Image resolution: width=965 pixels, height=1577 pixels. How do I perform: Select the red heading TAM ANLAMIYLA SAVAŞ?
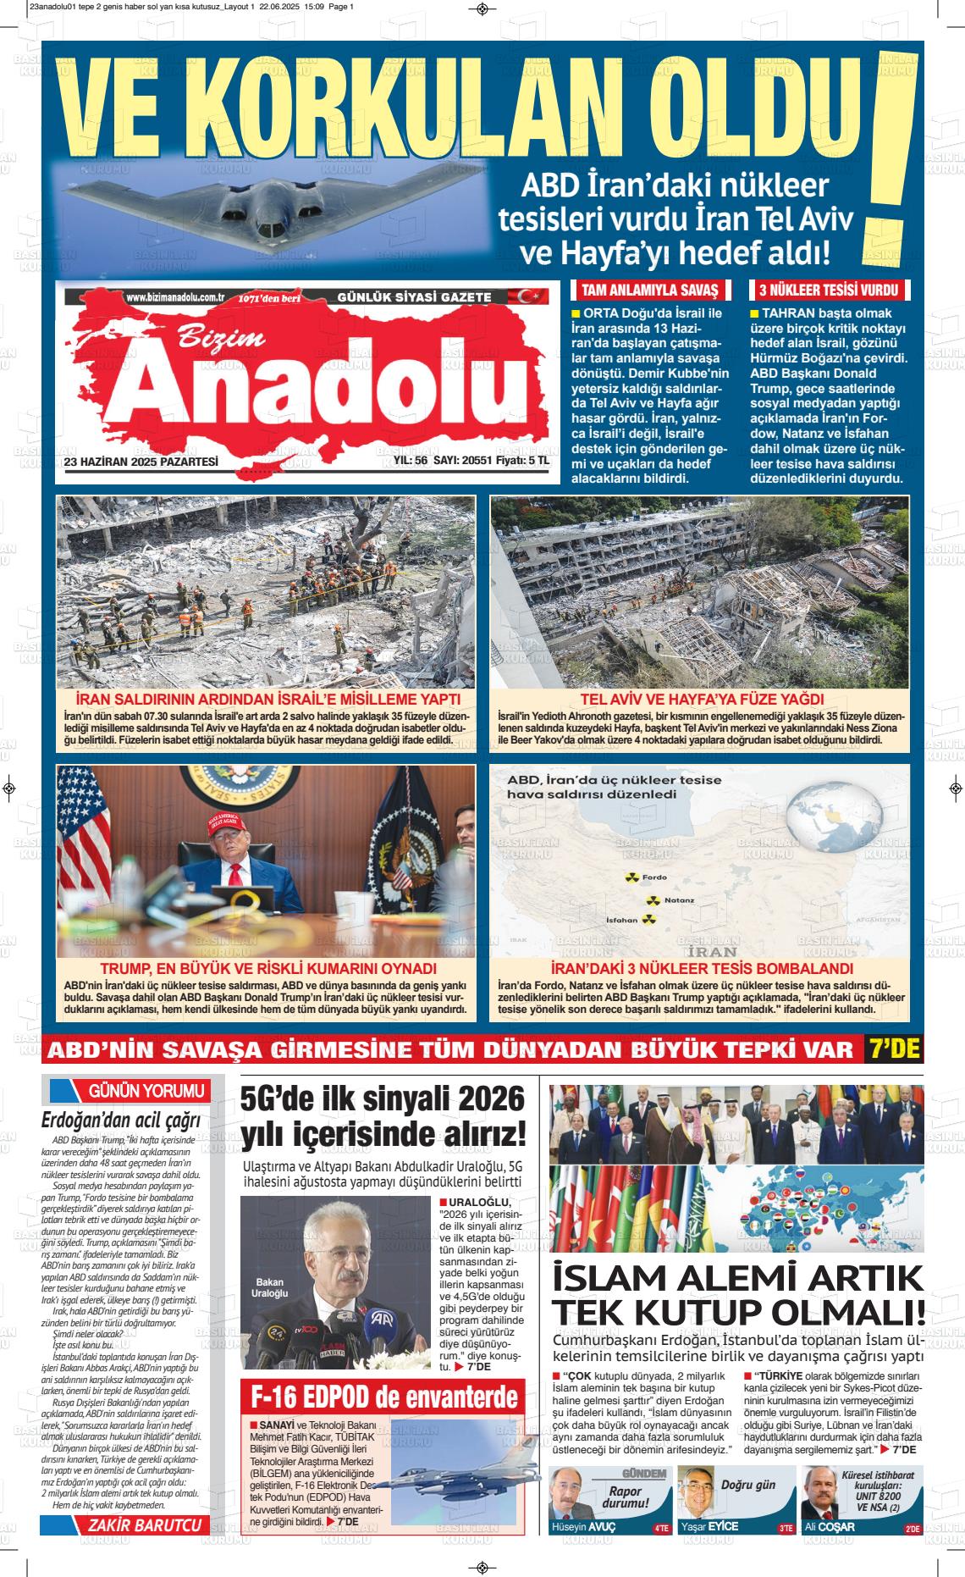[649, 290]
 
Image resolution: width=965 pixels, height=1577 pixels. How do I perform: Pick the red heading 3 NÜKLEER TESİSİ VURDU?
[828, 290]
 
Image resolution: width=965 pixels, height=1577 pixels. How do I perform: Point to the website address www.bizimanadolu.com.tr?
[174, 297]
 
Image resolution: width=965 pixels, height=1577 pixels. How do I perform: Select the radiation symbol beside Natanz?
[653, 899]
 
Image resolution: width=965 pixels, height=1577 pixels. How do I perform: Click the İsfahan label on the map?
[621, 920]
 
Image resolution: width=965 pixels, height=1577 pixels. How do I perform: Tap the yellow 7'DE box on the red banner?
[893, 1049]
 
